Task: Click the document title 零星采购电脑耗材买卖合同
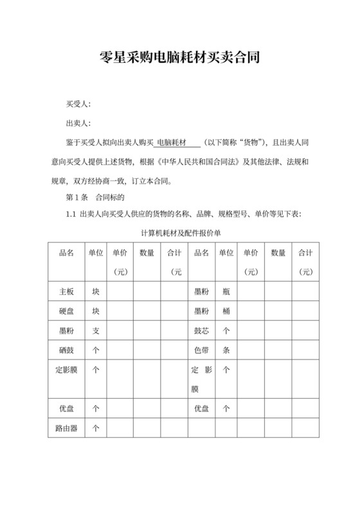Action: pos(180,58)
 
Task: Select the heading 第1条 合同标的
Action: pos(95,197)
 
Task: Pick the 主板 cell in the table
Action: pos(66,291)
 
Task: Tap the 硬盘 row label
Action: pos(66,311)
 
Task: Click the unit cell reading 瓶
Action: pos(226,291)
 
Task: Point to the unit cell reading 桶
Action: pos(226,311)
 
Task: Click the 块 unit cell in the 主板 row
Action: pos(96,291)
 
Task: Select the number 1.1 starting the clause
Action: pos(71,214)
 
